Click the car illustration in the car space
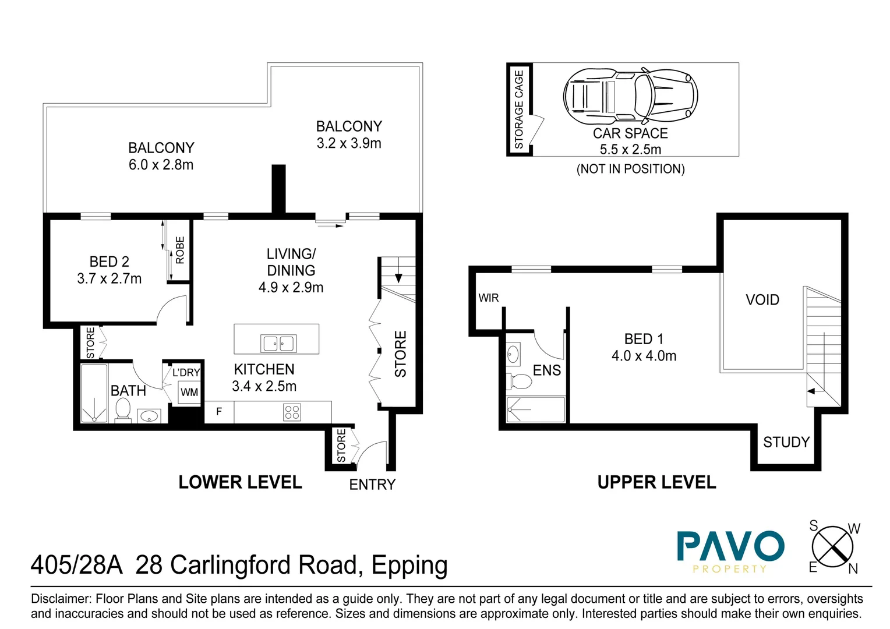tap(630, 96)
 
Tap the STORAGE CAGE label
tap(519, 109)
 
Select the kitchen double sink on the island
tap(278, 343)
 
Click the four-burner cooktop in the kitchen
tap(292, 412)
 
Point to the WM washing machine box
tap(189, 392)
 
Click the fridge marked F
tap(219, 412)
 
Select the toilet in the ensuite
tap(520, 381)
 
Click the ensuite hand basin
tap(513, 354)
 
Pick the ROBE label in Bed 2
tap(180, 250)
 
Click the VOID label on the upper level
tap(762, 300)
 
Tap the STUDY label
tap(786, 442)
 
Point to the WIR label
tap(488, 298)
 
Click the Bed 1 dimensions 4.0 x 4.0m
tap(644, 356)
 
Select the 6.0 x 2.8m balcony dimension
tap(161, 165)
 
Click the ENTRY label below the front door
tap(372, 485)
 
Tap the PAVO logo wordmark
tap(730, 546)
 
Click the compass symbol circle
tap(832, 546)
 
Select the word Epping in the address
tap(409, 566)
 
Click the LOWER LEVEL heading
tap(240, 482)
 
